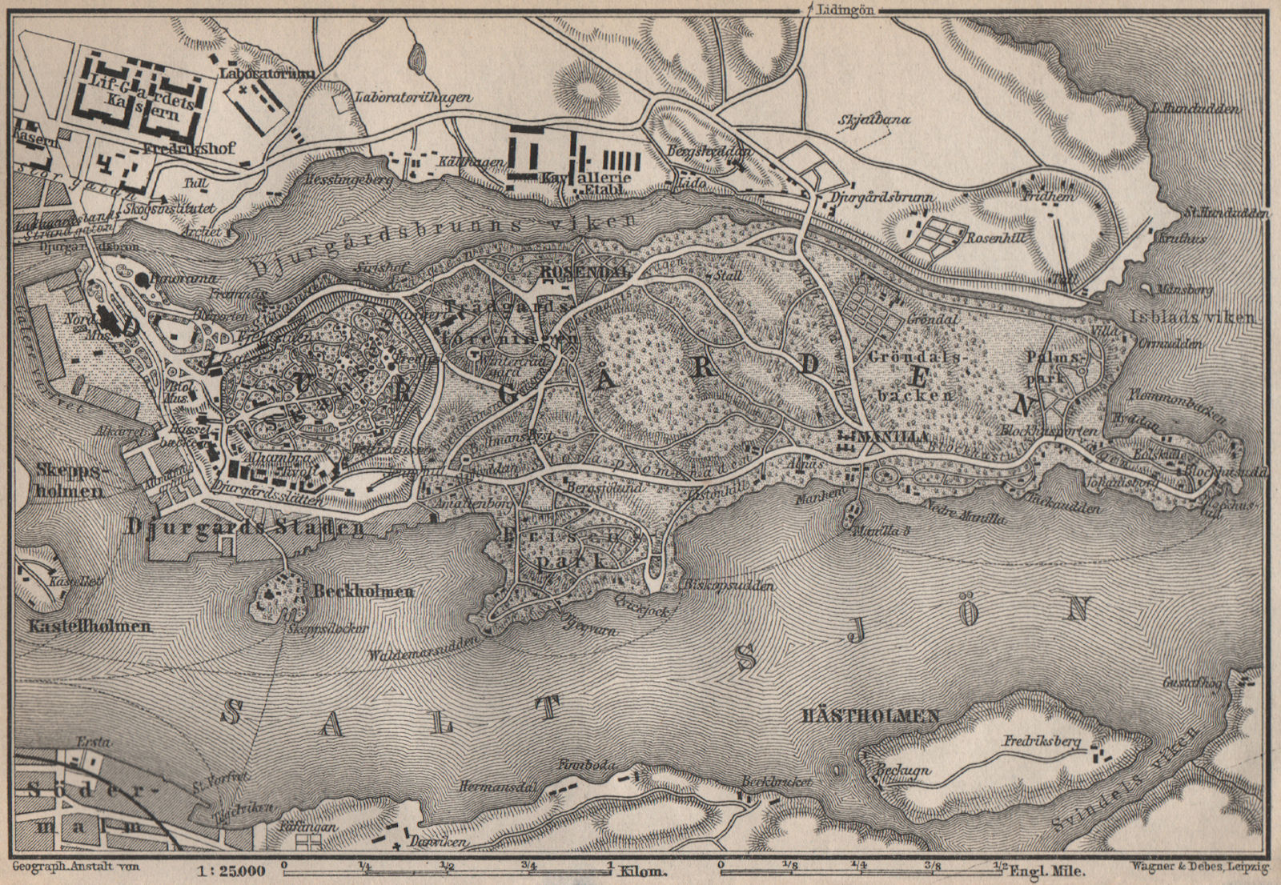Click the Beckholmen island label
(x=363, y=592)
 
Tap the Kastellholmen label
(x=82, y=626)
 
